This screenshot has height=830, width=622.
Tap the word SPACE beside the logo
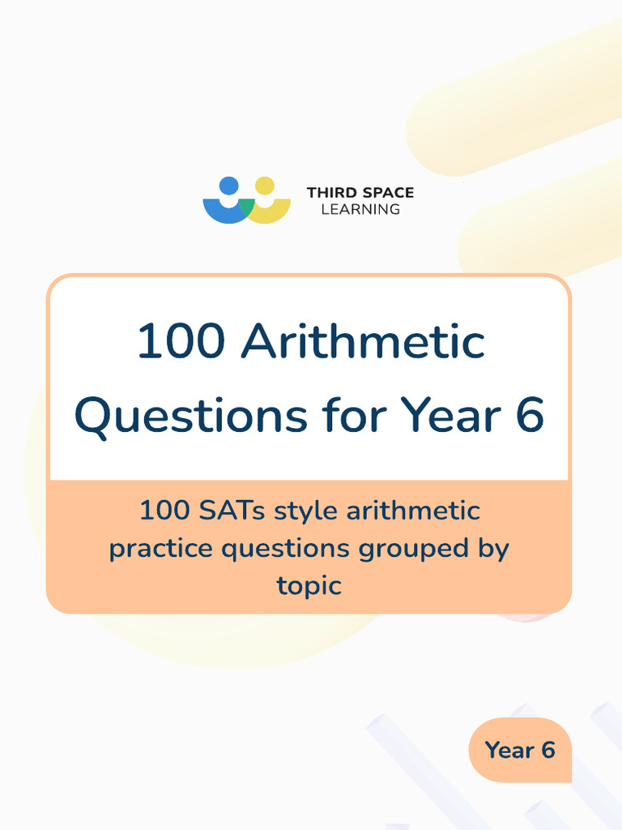click(x=386, y=193)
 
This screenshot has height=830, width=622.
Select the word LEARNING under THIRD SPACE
click(x=360, y=209)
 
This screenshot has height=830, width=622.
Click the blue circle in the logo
click(x=228, y=186)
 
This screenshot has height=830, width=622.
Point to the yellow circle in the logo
click(x=264, y=186)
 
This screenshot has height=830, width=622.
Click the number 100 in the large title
click(x=180, y=341)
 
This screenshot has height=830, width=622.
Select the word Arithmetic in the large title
click(x=363, y=341)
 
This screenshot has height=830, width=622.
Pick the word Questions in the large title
click(x=190, y=415)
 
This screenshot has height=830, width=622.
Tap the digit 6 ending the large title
click(x=527, y=415)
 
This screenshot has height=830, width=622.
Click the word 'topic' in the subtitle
click(x=309, y=585)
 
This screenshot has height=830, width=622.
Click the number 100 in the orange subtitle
click(x=165, y=511)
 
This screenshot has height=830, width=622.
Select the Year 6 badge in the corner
click(x=520, y=750)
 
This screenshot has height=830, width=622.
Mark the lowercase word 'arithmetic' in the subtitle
click(x=413, y=511)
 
